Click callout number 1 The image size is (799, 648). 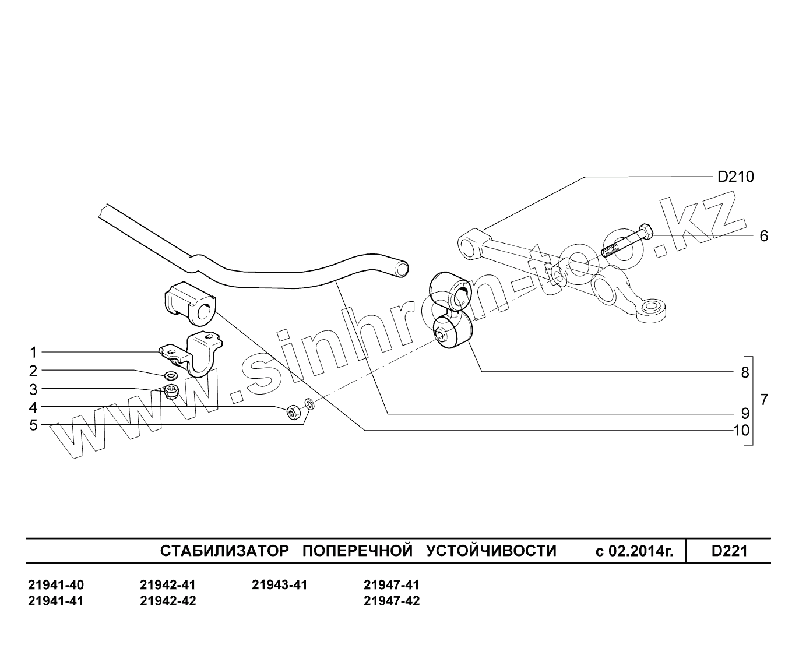[x=33, y=353]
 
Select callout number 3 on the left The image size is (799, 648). [x=33, y=389]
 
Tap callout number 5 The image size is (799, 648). [x=33, y=425]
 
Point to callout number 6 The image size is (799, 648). [x=763, y=236]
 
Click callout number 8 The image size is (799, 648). [x=745, y=372]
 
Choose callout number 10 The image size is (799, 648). [x=741, y=431]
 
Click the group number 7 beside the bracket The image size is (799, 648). [x=764, y=400]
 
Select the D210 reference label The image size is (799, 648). [x=735, y=177]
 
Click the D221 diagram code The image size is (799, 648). [x=729, y=551]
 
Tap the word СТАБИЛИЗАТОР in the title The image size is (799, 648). [x=224, y=551]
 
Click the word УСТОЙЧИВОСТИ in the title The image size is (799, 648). [x=491, y=551]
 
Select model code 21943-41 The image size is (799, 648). [x=279, y=584]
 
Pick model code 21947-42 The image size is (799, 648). [x=391, y=601]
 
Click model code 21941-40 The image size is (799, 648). [x=55, y=584]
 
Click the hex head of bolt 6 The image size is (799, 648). [x=646, y=231]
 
